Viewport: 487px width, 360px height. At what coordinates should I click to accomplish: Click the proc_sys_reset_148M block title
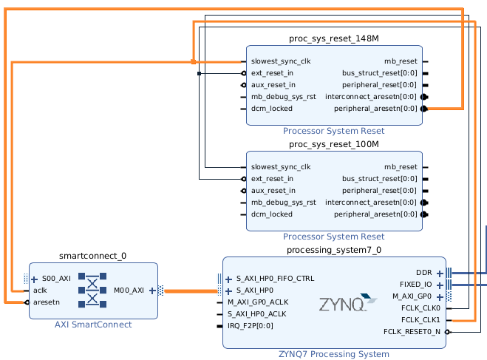334,38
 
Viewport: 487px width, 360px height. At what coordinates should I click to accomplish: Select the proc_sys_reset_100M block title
334,144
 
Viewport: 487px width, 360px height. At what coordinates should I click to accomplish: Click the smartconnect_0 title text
93,256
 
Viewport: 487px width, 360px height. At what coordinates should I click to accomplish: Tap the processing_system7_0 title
334,250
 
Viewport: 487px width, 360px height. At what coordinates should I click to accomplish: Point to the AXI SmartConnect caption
93,325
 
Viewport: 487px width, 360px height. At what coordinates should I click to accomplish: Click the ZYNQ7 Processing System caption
334,354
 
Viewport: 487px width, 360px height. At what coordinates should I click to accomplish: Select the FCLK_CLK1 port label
420,320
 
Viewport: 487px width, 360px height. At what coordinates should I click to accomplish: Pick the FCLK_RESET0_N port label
412,332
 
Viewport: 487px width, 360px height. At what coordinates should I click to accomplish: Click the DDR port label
424,273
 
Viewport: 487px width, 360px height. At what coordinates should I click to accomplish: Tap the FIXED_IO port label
417,285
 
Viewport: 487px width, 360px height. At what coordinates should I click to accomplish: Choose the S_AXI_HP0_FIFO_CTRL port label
275,279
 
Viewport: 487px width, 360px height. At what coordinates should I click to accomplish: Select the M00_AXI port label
129,291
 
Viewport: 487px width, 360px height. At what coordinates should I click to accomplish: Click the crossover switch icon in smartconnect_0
92,290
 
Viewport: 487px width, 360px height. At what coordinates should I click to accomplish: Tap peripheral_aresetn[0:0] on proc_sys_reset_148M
375,108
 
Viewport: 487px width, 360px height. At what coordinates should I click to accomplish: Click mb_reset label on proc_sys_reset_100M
401,166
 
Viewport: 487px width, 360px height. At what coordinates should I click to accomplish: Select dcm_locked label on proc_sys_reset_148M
271,108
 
